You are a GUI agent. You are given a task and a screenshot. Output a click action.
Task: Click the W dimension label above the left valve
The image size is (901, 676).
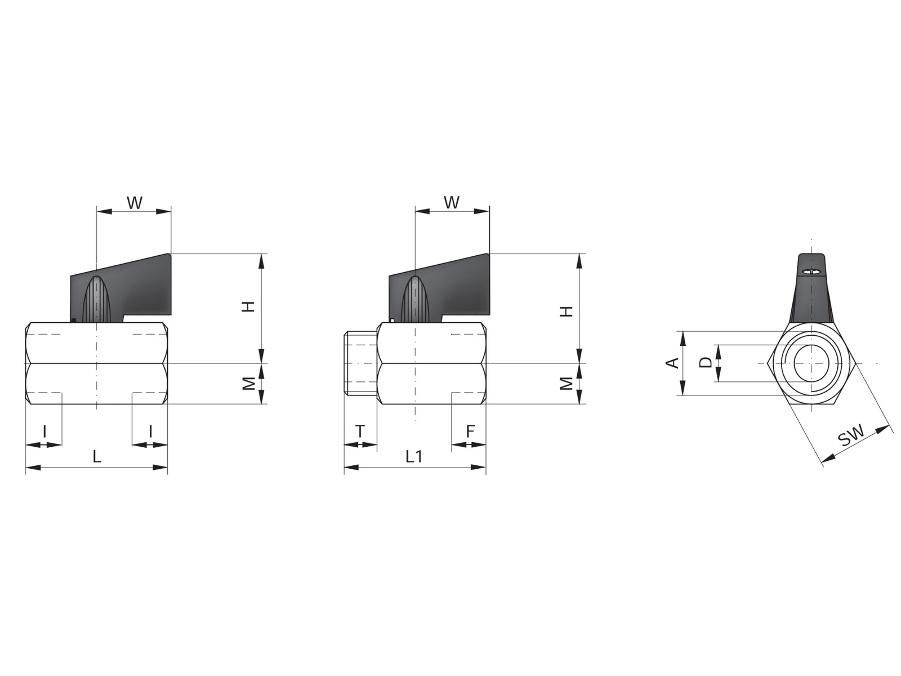(x=135, y=202)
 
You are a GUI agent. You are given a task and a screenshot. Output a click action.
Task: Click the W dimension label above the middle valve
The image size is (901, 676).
(x=452, y=202)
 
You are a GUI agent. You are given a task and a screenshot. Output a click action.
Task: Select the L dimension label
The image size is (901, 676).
(x=96, y=456)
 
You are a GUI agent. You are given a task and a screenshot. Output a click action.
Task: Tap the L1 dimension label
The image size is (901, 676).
(x=414, y=456)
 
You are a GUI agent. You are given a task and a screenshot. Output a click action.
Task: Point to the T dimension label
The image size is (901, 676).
(x=360, y=432)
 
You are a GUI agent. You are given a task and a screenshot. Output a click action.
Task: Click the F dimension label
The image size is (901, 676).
(x=470, y=432)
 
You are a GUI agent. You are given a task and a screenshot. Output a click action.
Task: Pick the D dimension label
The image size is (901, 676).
(x=706, y=362)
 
